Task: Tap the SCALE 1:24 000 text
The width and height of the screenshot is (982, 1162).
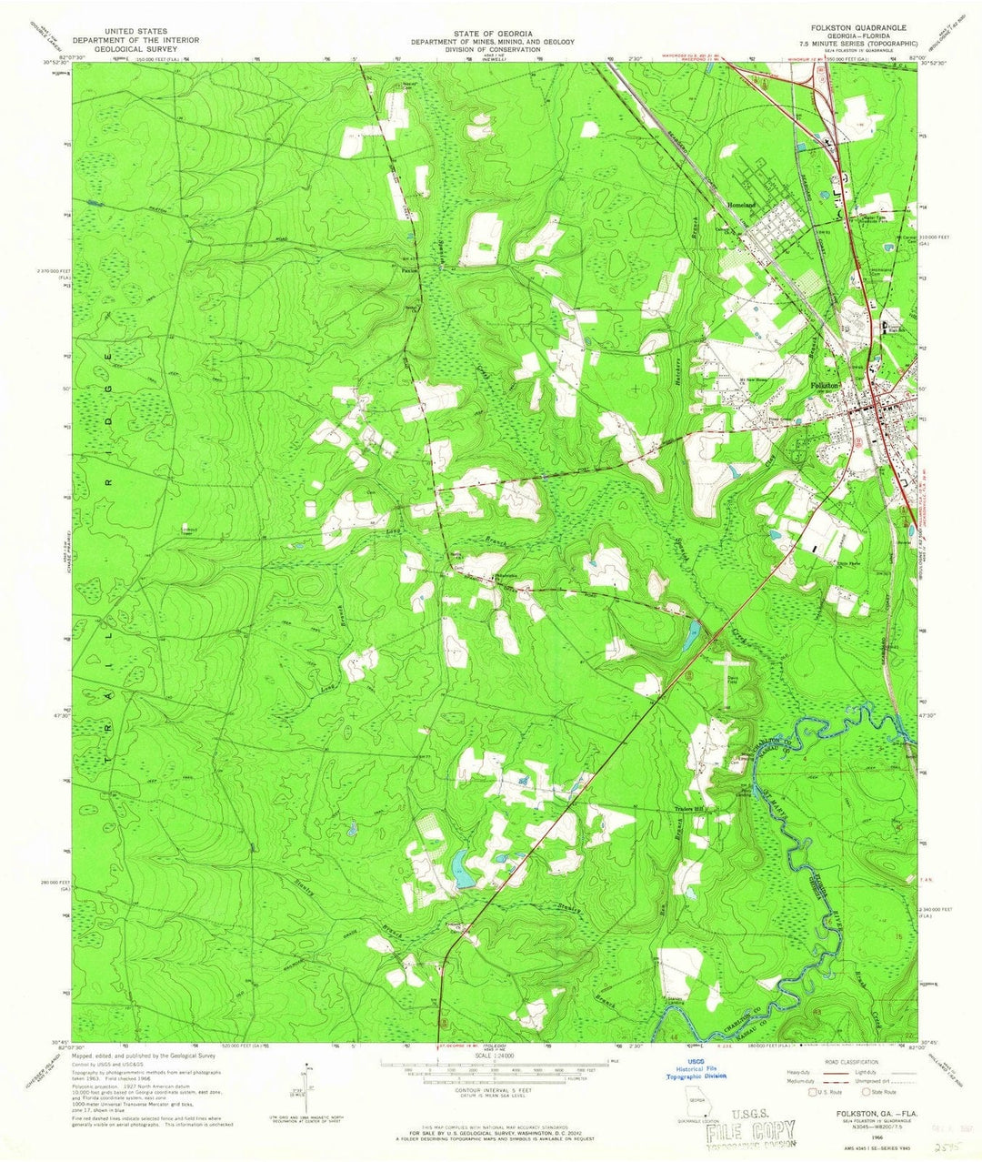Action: [490, 1056]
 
